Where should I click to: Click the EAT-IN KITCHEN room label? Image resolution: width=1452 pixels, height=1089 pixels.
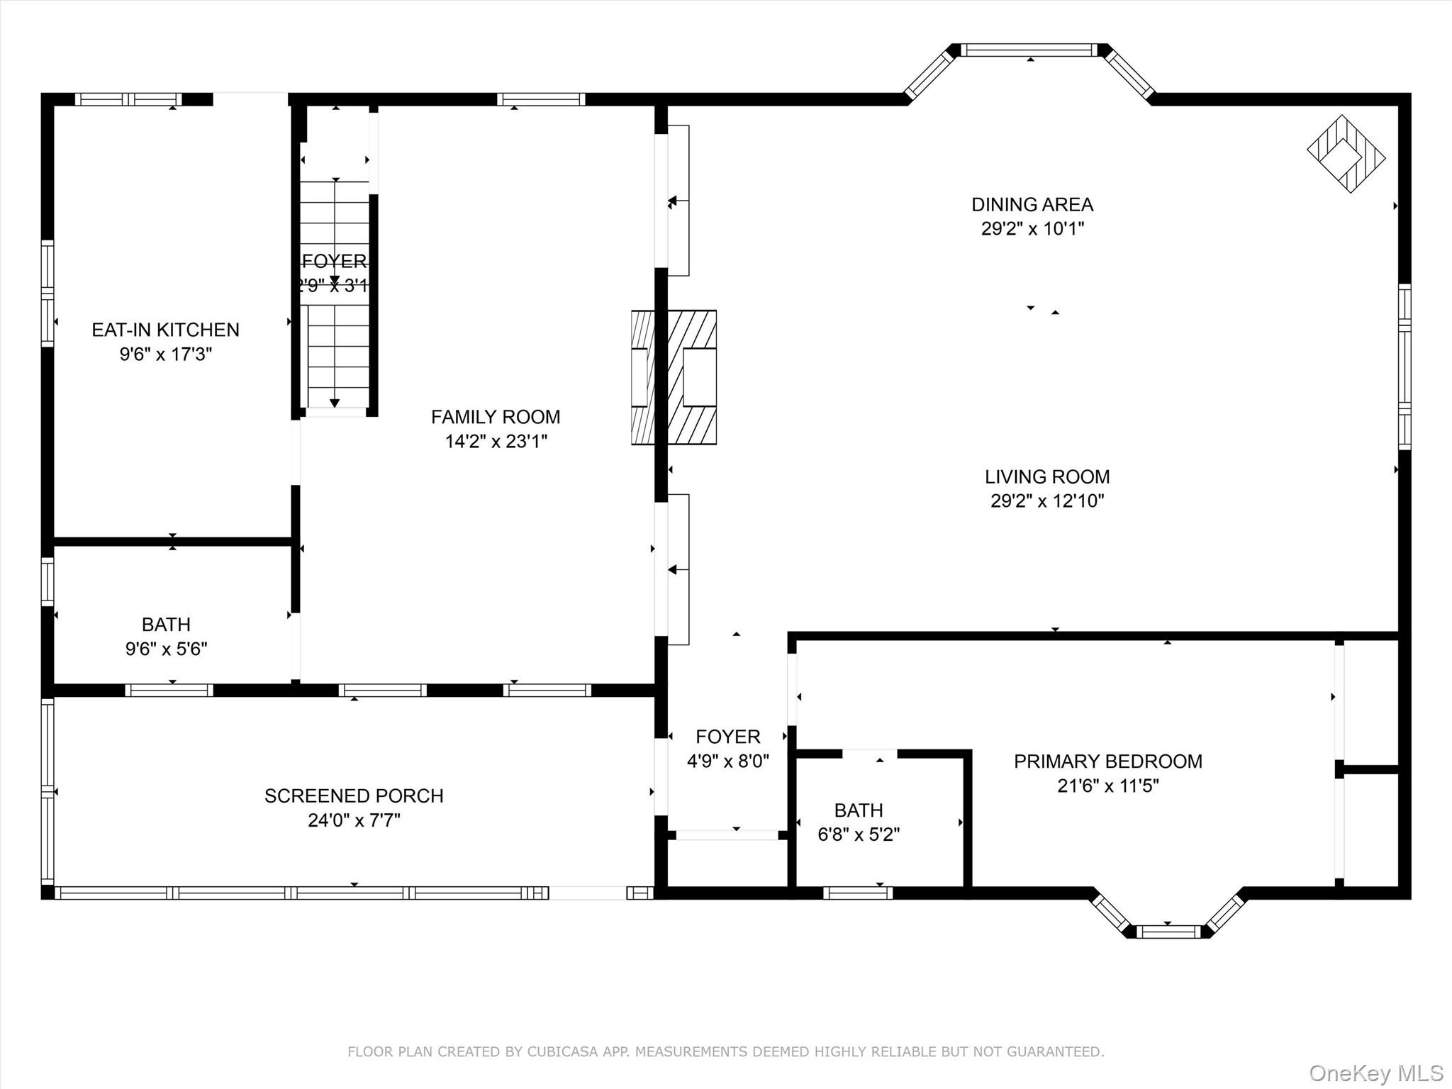coord(165,330)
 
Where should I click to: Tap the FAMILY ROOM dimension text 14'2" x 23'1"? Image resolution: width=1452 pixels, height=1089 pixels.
coord(496,442)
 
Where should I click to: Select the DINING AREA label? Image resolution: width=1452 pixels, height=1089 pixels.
coord(1032,205)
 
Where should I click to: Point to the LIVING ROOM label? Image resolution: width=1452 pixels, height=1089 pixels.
coord(1046,477)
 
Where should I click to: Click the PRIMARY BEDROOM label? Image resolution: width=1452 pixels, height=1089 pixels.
coord(1107,761)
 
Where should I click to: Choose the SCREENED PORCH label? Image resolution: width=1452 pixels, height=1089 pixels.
coord(354,796)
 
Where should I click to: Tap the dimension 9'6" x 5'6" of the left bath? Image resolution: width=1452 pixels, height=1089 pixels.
coord(166,649)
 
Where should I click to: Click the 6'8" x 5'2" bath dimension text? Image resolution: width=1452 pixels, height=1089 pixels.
coord(859,834)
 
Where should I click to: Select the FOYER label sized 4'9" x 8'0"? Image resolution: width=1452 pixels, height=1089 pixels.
coord(727,737)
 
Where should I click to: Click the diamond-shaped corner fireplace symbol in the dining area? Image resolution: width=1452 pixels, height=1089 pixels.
coord(1345,154)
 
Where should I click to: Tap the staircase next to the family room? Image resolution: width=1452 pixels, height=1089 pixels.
coord(335,294)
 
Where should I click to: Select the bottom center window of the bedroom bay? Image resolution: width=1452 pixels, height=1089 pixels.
coord(1168,931)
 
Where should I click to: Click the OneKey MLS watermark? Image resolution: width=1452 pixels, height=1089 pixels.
coord(1375,1073)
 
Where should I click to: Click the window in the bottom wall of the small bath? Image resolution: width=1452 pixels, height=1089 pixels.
coord(858,893)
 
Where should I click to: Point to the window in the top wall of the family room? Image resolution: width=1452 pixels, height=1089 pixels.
coord(541,99)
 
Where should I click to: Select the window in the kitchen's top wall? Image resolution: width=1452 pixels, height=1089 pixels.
coord(128,99)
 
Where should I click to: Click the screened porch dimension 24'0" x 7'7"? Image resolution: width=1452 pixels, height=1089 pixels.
coord(354,820)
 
